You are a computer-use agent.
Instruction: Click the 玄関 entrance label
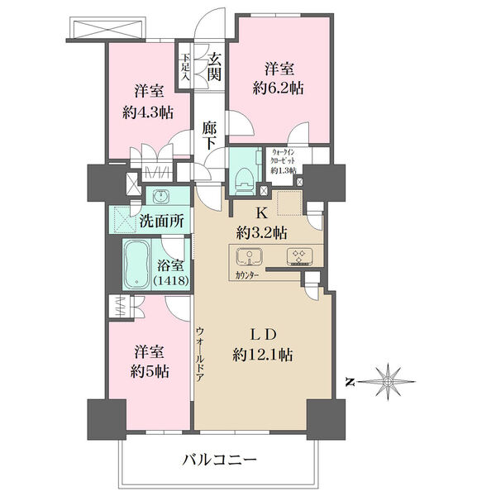point(214,67)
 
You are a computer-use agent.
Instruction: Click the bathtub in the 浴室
point(136,265)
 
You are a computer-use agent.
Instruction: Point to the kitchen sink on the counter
point(250,256)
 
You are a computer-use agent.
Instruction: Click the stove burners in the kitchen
point(299,256)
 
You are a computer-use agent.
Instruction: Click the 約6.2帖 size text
point(279,88)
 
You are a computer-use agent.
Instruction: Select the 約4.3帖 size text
point(148,112)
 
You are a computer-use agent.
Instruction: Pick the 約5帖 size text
point(150,372)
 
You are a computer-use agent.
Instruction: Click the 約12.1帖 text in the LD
point(263,355)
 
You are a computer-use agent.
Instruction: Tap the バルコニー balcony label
point(219,460)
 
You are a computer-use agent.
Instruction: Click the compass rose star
point(388,382)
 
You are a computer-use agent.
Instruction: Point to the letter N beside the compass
point(349,383)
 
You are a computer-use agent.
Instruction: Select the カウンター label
point(246,275)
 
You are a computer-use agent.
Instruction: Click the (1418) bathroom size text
point(171,280)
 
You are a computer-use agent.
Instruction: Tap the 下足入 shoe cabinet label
point(185,68)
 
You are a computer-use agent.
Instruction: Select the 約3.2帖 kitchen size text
point(261,234)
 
